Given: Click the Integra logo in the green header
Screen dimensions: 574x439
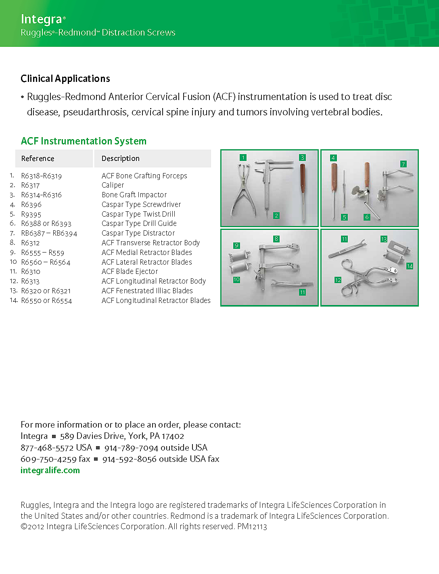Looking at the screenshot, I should tap(42, 19).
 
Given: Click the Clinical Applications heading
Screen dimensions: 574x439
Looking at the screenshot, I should tap(65, 79).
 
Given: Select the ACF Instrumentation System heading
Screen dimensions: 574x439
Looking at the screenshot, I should tap(84, 141).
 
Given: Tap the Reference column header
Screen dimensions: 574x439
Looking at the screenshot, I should tap(38, 159).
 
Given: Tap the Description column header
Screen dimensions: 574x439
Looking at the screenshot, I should tap(120, 159).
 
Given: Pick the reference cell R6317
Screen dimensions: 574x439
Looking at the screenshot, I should tap(30, 186).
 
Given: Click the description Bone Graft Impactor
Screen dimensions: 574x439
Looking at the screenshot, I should tap(134, 195).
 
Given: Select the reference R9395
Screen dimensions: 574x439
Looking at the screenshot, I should tap(31, 215).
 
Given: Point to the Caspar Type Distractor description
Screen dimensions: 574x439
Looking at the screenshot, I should tap(138, 233).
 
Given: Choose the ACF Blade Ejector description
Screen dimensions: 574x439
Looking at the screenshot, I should tap(130, 271).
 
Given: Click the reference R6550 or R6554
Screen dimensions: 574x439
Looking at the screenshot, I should tap(46, 301).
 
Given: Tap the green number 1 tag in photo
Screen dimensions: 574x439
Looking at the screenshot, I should tap(243, 158).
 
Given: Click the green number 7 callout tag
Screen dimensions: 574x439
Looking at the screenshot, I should tap(403, 164).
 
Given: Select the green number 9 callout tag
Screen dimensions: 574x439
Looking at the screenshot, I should tap(236, 245).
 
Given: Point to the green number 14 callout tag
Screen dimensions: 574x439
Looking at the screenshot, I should tap(410, 266).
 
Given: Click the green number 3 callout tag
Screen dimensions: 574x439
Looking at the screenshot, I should tap(302, 158).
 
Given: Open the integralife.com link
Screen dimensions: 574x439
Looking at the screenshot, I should tap(50, 470).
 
